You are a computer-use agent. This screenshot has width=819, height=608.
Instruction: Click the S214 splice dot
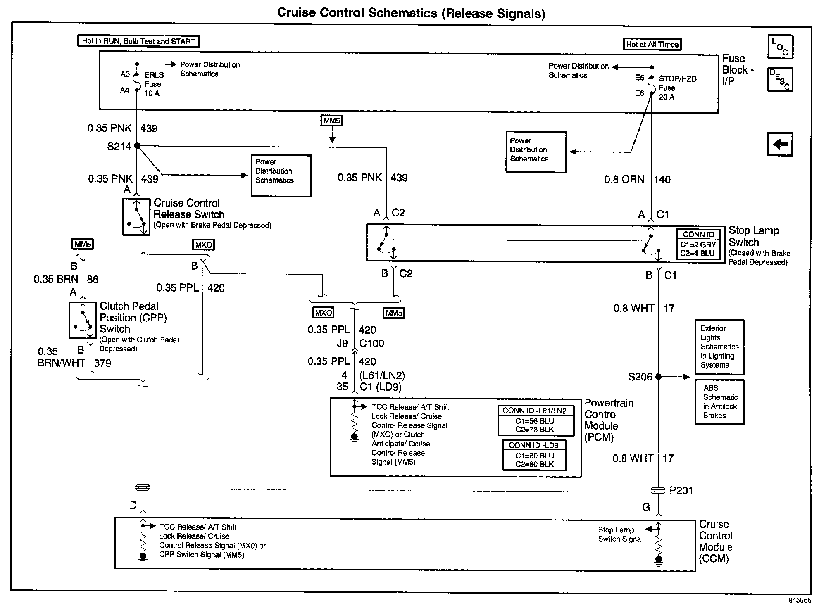point(138,146)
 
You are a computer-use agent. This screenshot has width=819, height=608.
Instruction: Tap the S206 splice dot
point(658,376)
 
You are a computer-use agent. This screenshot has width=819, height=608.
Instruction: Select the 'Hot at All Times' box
point(652,44)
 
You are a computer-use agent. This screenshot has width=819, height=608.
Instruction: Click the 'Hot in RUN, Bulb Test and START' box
point(138,41)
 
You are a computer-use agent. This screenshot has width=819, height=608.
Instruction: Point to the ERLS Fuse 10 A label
point(154,84)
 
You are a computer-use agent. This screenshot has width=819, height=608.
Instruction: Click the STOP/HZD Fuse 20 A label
point(677,88)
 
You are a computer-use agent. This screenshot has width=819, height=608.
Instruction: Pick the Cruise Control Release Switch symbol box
point(136,217)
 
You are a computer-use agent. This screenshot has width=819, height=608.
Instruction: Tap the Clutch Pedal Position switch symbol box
point(83,320)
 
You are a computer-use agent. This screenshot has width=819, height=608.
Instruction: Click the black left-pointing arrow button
point(780,144)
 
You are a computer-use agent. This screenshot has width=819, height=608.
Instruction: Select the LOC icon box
point(780,47)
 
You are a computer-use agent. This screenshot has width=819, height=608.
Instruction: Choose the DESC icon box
point(780,79)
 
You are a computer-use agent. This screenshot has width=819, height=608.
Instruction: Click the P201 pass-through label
point(681,490)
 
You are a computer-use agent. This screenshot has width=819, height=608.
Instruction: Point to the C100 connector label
point(371,343)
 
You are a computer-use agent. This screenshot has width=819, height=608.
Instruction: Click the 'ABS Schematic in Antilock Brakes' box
point(719,402)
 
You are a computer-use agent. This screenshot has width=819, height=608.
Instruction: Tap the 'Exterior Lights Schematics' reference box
point(719,347)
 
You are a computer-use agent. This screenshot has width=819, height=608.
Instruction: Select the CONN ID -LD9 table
point(534,455)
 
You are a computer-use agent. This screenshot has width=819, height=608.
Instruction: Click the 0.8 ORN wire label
point(624,179)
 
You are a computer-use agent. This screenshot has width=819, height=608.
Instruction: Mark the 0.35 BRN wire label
point(56,279)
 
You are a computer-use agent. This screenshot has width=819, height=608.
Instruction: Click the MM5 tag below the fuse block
point(332,121)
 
